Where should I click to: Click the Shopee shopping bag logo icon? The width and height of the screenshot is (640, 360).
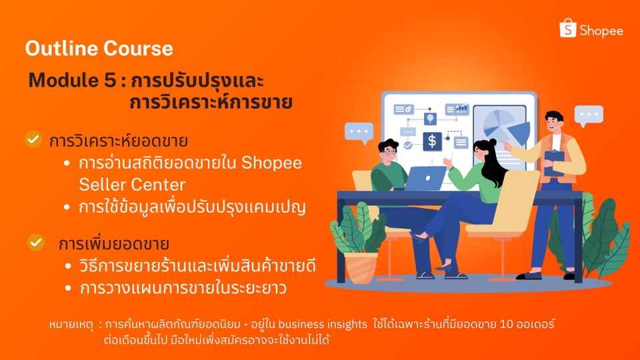tap(567, 29)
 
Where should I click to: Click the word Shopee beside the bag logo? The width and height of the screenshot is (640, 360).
tap(601, 31)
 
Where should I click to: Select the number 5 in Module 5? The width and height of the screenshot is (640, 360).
tap(110, 81)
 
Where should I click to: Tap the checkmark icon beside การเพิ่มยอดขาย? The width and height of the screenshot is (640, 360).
tap(36, 242)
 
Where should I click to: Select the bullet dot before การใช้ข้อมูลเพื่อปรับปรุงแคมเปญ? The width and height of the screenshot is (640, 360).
tap(67, 207)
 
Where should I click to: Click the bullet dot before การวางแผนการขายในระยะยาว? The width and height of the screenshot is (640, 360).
tap(67, 289)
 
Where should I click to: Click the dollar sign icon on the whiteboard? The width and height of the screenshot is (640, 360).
tap(432, 141)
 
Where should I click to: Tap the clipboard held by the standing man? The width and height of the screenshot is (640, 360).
tap(554, 163)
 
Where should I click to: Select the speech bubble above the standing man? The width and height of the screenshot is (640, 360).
tap(589, 115)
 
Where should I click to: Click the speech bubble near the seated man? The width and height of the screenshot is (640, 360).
tap(359, 132)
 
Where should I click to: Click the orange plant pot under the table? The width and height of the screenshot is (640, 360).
tap(361, 267)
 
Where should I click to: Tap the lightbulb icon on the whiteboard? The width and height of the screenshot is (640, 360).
tap(431, 118)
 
